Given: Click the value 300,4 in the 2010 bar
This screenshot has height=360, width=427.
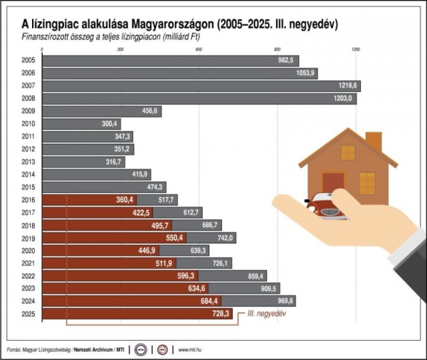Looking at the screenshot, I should click(x=110, y=124).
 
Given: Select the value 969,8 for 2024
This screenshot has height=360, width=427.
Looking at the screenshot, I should click(x=283, y=301).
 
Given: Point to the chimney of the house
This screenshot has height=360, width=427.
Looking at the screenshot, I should click(x=373, y=142).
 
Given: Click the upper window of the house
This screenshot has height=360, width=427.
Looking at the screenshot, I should click(x=347, y=152).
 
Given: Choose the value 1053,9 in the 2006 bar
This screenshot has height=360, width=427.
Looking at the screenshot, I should click(x=305, y=73).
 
